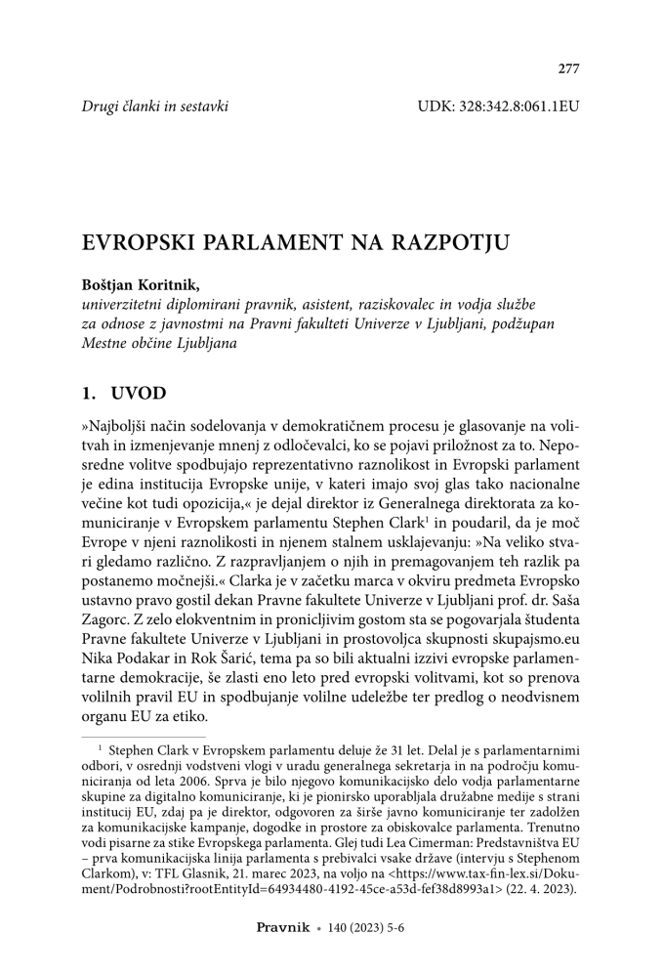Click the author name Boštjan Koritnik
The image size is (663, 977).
[143, 285]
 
